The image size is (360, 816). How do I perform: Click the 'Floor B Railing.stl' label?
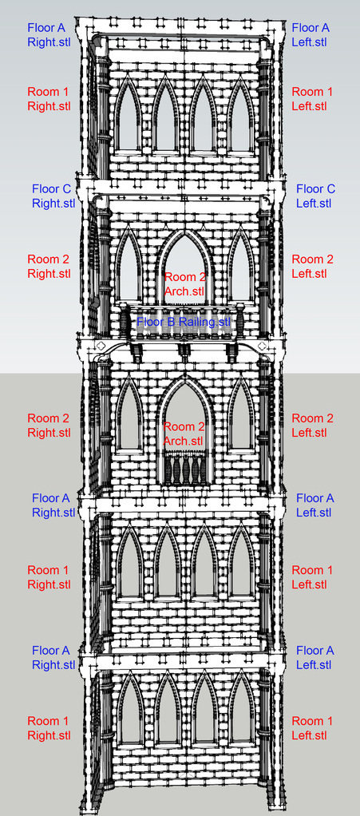pos(183,322)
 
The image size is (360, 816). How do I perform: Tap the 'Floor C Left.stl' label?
pos(316,196)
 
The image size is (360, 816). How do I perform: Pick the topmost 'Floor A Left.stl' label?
pos(311,35)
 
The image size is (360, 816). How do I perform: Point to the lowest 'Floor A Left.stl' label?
pos(315,657)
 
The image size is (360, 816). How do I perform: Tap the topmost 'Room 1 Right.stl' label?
pos(49,99)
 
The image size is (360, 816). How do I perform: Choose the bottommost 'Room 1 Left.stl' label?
pos(311,728)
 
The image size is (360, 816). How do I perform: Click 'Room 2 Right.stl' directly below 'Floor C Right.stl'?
pos(49,266)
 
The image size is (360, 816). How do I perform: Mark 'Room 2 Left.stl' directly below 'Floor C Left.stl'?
pos(311,266)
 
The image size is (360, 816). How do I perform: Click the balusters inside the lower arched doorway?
pos(184,468)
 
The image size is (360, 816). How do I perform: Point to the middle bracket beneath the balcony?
pos(184,351)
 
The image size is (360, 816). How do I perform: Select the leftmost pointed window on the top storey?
pos(128,114)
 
